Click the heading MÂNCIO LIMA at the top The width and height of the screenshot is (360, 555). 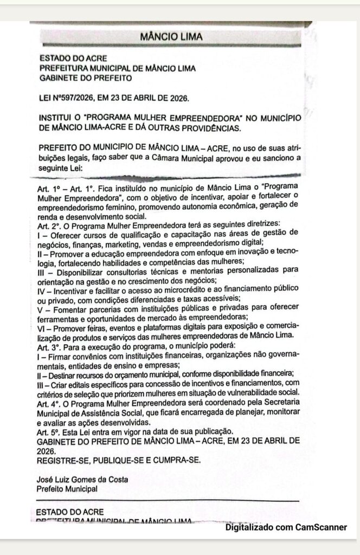coord(171,37)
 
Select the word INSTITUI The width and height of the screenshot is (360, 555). coord(56,118)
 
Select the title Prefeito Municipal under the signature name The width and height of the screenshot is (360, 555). coord(67,488)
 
